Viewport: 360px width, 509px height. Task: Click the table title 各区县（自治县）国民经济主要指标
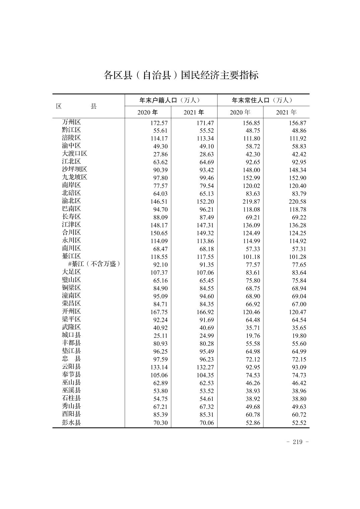coord(181,75)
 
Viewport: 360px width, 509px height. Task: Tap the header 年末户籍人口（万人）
coord(171,100)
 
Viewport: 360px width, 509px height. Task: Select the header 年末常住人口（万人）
coord(263,100)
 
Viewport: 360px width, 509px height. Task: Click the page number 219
coord(298,442)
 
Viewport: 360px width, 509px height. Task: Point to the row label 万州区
coord(71,122)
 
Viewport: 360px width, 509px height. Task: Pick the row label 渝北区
coord(71,201)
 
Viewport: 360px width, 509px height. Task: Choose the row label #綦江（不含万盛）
coord(94,264)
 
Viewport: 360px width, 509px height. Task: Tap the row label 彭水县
coord(71,422)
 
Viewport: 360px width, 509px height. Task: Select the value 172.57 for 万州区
coord(159,123)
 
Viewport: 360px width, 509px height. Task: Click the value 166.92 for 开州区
coord(205,312)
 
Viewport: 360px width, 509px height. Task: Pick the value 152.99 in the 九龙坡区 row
coord(251,178)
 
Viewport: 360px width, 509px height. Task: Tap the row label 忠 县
coord(71,359)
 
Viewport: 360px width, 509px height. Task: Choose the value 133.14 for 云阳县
coord(159,367)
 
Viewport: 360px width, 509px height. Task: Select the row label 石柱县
coord(71,398)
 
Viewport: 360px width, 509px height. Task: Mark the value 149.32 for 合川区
coord(205,233)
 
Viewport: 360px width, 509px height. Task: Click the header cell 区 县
coord(76,106)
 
